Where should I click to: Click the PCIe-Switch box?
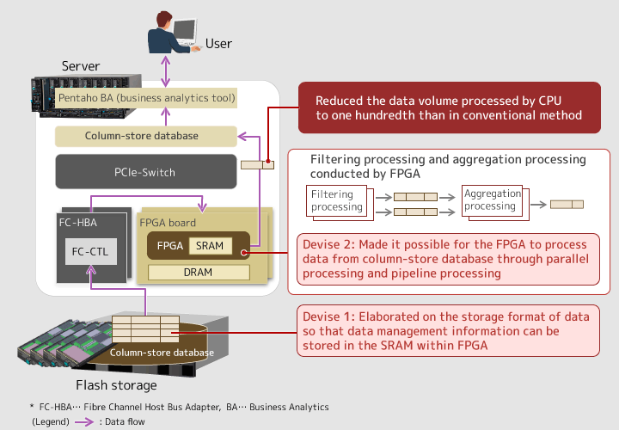(x=146, y=172)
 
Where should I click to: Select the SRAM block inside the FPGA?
(x=211, y=246)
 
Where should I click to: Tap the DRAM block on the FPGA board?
(x=199, y=272)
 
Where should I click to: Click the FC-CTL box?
(x=91, y=251)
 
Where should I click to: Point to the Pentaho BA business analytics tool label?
(x=146, y=98)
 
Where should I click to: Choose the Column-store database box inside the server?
(x=146, y=136)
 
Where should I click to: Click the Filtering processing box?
(x=337, y=200)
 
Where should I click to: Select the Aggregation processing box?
(x=493, y=200)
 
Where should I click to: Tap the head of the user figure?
(x=164, y=20)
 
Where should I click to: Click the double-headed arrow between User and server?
(x=166, y=71)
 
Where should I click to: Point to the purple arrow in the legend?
(x=84, y=421)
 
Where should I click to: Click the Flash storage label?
(x=116, y=385)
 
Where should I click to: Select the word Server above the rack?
(x=81, y=66)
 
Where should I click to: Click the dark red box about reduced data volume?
(x=450, y=107)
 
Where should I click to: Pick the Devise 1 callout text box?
(x=448, y=331)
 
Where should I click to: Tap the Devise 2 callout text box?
(x=448, y=259)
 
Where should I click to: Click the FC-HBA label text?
(x=77, y=223)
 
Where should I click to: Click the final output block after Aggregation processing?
(x=567, y=204)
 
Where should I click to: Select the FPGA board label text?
(x=168, y=223)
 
